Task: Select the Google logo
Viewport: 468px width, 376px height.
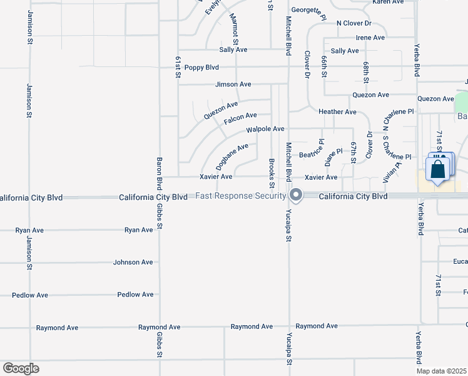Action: click(x=21, y=368)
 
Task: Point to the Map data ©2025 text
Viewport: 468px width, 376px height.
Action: click(x=442, y=371)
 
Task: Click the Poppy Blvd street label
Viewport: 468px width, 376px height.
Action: click(x=201, y=67)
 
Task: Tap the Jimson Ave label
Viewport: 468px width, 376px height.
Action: click(x=233, y=84)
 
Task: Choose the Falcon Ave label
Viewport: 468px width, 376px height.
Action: click(x=240, y=116)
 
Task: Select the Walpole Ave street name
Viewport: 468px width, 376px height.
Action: click(x=265, y=129)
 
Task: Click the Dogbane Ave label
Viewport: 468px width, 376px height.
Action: click(x=232, y=157)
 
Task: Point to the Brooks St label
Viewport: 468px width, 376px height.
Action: click(x=272, y=173)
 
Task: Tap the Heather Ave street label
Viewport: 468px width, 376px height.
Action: click(x=337, y=112)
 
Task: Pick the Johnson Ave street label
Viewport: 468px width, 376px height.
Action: click(x=133, y=263)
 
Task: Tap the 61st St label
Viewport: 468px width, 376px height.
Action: click(x=178, y=66)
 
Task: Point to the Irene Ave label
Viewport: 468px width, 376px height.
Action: click(x=370, y=38)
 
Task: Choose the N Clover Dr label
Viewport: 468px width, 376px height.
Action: click(x=354, y=23)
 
